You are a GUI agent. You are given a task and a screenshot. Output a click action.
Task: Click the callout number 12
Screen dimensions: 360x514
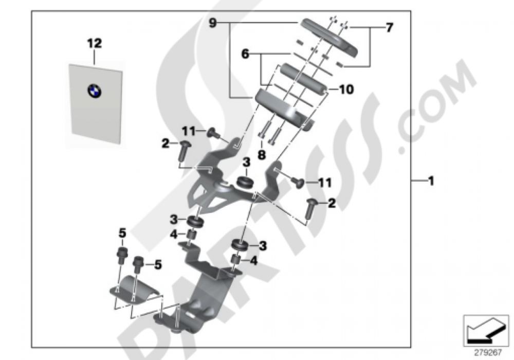point(94,43)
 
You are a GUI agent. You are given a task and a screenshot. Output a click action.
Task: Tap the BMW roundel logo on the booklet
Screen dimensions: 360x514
point(95,91)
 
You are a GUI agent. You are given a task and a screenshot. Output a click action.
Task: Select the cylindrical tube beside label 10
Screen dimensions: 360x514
point(302,80)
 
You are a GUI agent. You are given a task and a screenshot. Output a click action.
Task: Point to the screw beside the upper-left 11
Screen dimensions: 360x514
point(212,134)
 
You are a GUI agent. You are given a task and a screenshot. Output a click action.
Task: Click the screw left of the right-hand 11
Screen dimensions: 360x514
point(297,181)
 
